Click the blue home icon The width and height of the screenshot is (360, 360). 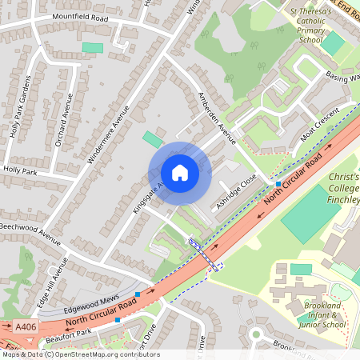180,172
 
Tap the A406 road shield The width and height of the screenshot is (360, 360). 24,327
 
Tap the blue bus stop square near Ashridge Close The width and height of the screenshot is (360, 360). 278,184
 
